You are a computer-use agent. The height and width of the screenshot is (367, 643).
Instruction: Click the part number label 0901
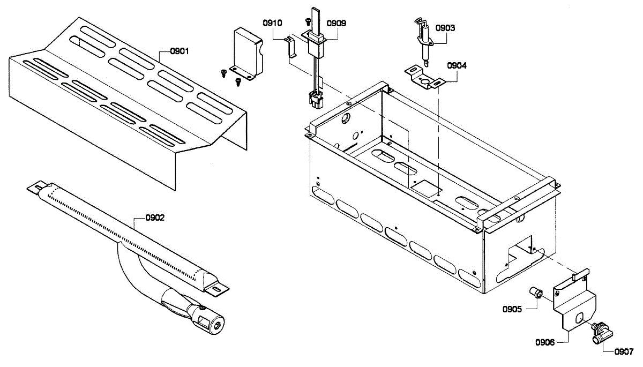(180, 51)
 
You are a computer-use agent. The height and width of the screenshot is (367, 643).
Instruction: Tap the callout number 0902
(155, 218)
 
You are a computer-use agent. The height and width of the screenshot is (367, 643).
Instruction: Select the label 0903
(445, 28)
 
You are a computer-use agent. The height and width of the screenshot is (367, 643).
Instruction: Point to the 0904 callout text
(457, 66)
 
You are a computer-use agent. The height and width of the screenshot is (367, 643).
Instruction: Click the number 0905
(512, 309)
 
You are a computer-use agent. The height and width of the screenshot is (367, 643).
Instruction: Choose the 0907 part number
(624, 352)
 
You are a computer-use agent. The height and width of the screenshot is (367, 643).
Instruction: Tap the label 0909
(336, 23)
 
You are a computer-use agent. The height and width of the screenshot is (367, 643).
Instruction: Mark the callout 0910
(272, 23)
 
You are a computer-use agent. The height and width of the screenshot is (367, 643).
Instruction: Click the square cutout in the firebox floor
(422, 186)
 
